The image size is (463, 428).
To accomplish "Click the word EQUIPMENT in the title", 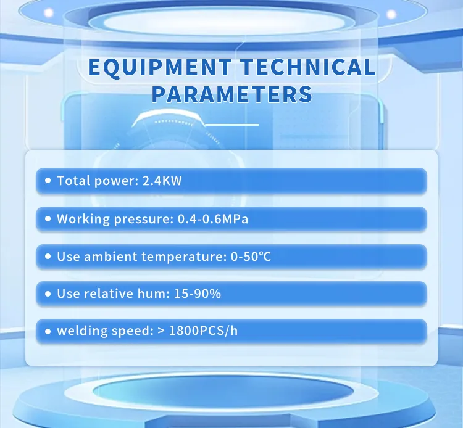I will click(x=159, y=67).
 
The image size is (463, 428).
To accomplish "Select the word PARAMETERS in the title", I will click(x=231, y=94).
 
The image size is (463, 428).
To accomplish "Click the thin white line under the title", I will click(x=231, y=125).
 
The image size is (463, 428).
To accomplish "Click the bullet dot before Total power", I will click(x=48, y=181).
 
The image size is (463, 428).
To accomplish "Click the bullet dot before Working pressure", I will click(x=48, y=219).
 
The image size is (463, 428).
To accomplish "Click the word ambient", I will click(x=104, y=257).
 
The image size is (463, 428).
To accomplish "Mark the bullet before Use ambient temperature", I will click(x=48, y=257).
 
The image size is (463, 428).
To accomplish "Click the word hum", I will click(x=151, y=294).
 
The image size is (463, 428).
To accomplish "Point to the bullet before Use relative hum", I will click(x=48, y=294).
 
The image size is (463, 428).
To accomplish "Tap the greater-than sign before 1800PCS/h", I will click(x=161, y=332).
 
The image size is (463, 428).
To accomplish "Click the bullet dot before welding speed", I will click(x=48, y=332).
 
